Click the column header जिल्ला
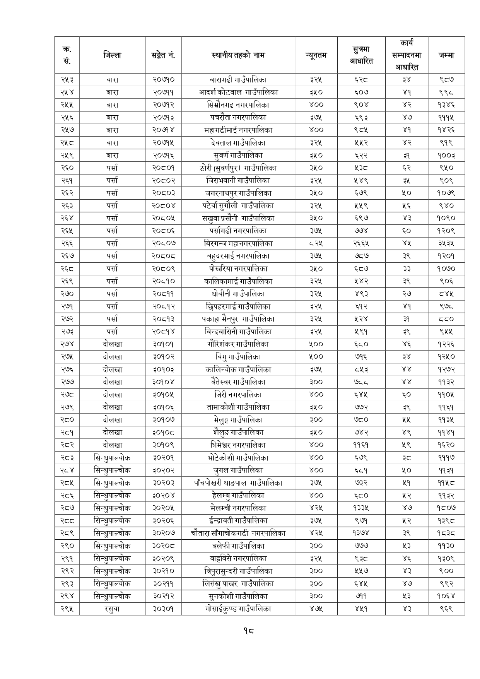[x=112, y=55]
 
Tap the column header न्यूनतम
[x=316, y=55]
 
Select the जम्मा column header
[x=446, y=55]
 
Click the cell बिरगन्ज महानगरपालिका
[x=238, y=243]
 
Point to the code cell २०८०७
[x=163, y=243]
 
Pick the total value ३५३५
[x=446, y=243]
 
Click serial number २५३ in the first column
[x=67, y=80]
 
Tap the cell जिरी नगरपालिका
[x=238, y=395]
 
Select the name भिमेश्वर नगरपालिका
[x=238, y=445]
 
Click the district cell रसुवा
[x=112, y=609]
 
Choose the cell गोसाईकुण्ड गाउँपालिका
[x=238, y=609]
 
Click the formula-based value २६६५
[x=361, y=243]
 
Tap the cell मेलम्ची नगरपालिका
[x=238, y=508]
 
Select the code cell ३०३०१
[x=163, y=609]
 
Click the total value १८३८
[x=446, y=533]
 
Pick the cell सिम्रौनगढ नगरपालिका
[x=238, y=105]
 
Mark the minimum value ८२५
[x=316, y=243]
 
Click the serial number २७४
[x=67, y=344]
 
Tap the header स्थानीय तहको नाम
[x=238, y=55]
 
